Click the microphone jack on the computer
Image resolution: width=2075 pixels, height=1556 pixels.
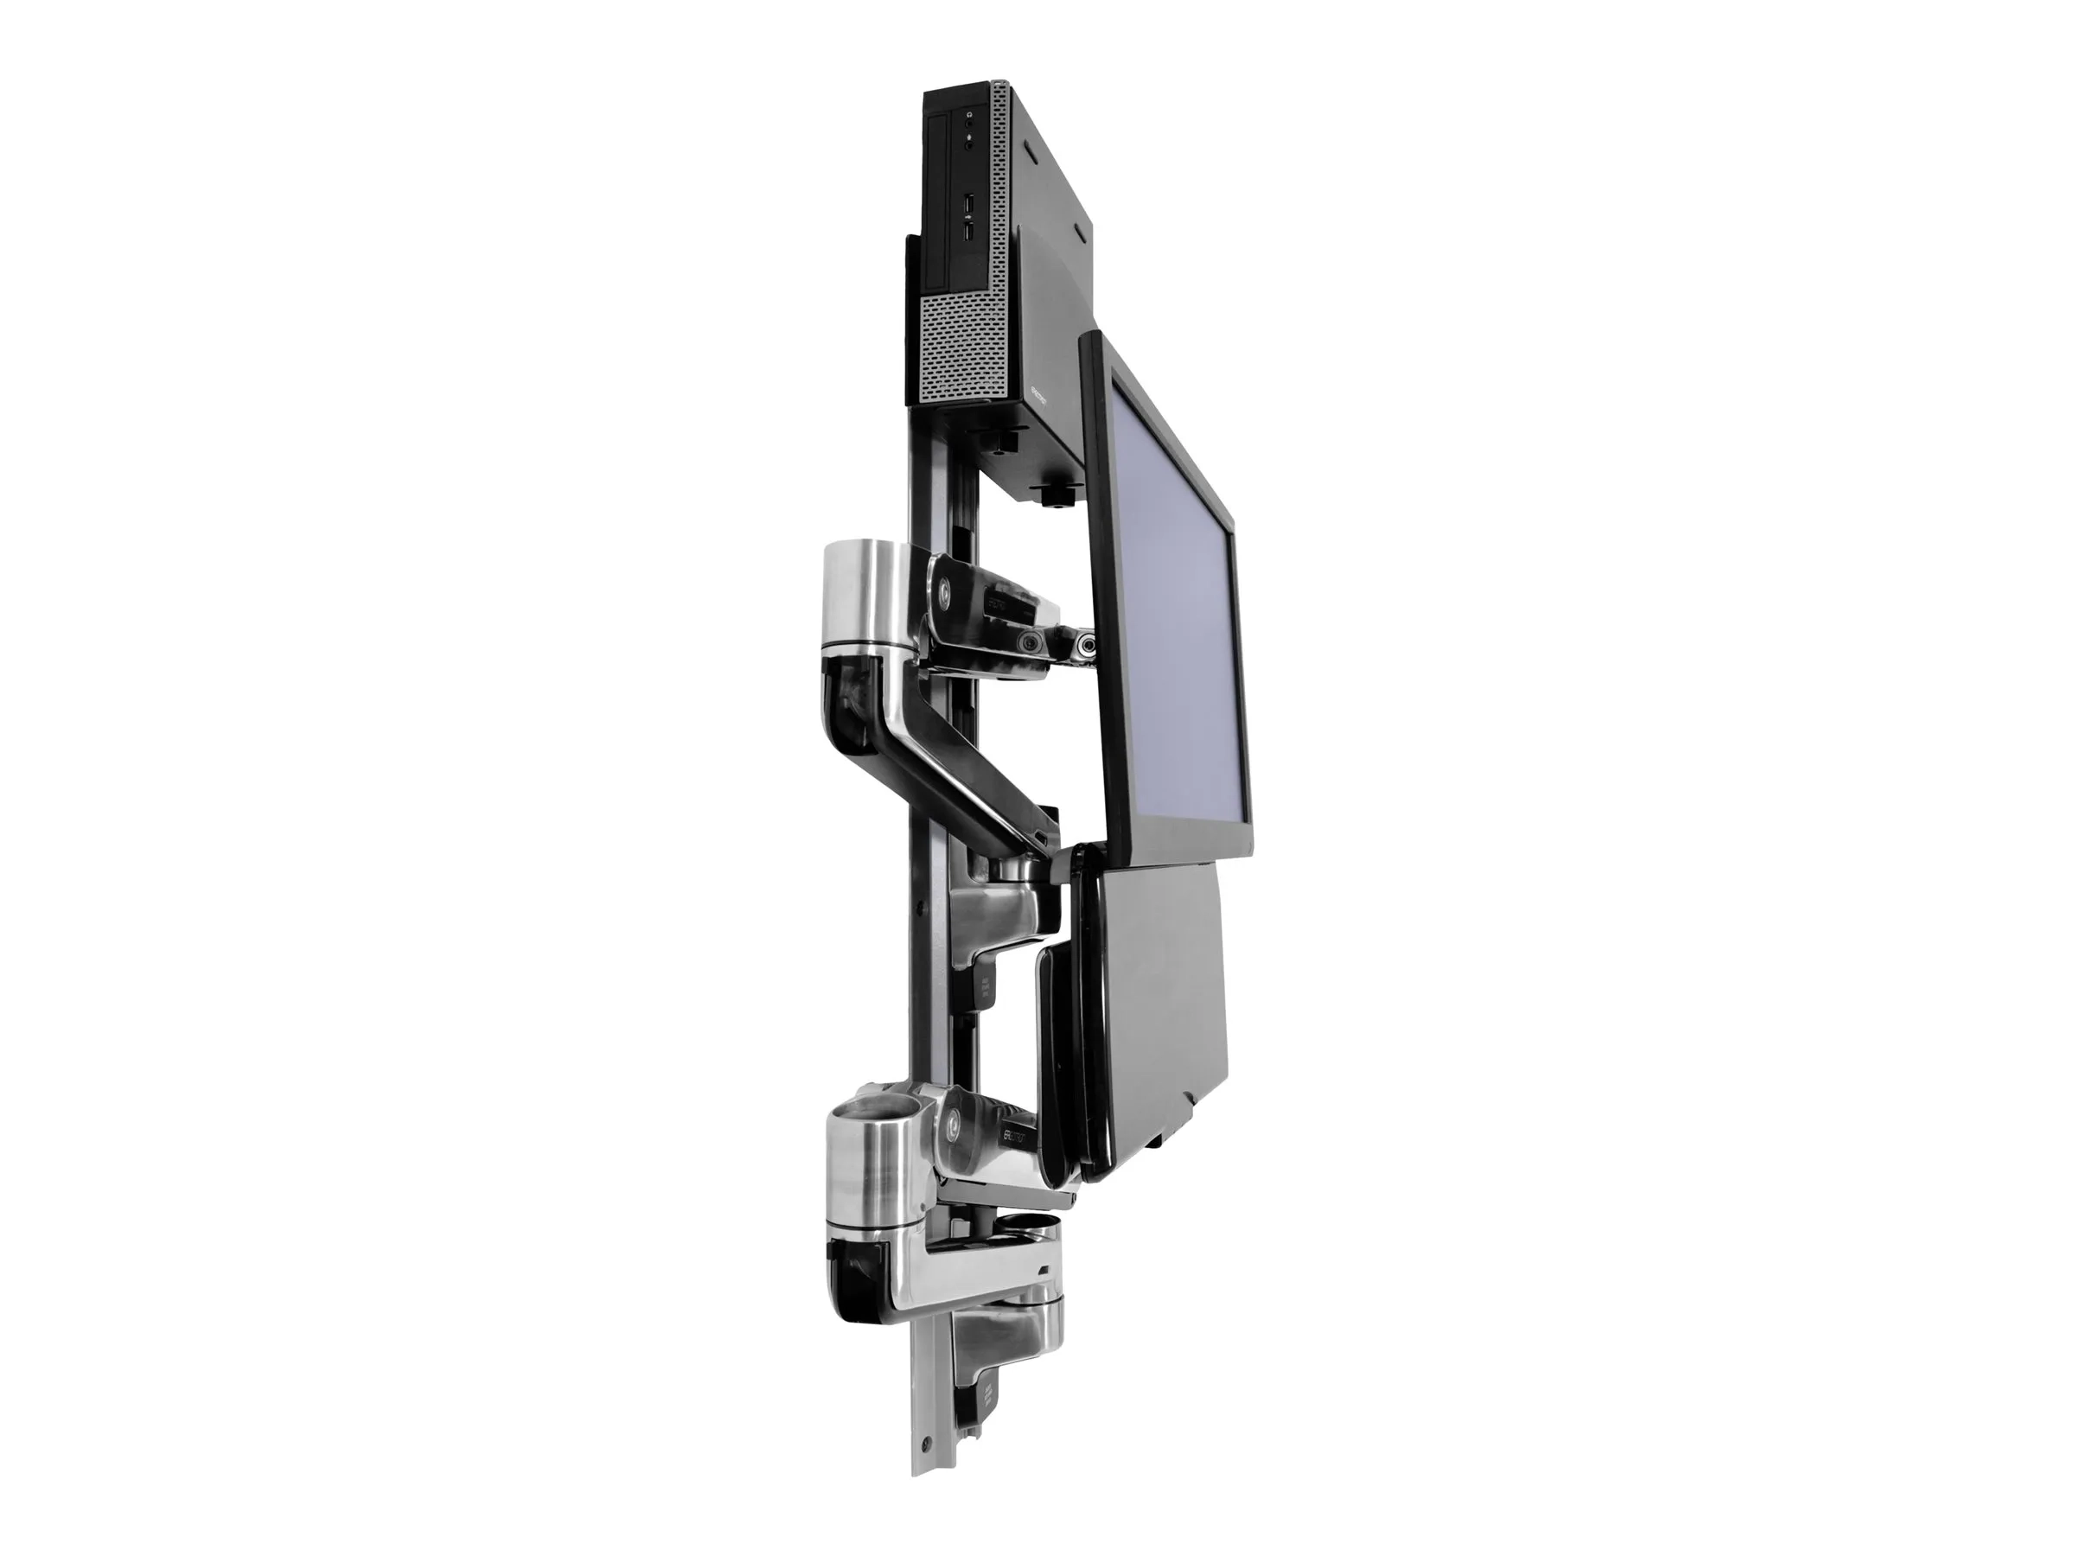coord(967,139)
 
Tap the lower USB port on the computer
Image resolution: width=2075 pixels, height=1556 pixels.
coord(968,226)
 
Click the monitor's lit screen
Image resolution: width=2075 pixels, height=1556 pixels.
coord(1178,600)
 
